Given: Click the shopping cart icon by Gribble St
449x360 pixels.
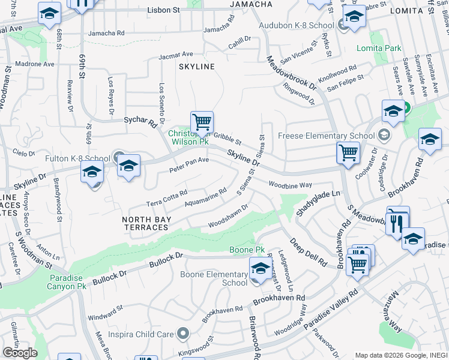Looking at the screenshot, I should pos(202,122).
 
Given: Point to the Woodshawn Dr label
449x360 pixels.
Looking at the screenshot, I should pos(228,219).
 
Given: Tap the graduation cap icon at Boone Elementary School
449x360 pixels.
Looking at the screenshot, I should pos(260,268).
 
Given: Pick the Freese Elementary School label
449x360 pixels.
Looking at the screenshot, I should pos(327,136).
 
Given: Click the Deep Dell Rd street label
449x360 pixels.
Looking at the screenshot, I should pos(308,252).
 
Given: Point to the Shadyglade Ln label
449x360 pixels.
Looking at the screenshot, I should pos(318,203).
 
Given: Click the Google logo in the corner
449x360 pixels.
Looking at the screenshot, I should pos(20,353).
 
